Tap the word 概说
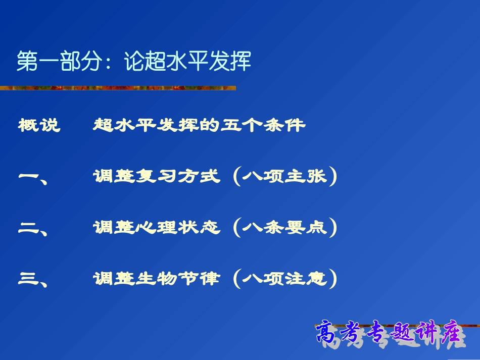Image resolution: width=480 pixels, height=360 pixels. click(39, 125)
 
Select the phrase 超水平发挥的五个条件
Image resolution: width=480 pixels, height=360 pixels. click(200, 125)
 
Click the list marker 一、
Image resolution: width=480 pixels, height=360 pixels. click(33, 177)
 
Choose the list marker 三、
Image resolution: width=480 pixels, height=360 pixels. click(33, 279)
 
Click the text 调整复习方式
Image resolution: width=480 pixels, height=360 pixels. click(157, 177)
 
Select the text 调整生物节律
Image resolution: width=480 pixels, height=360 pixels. click(157, 279)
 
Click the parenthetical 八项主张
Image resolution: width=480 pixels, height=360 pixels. click(285, 177)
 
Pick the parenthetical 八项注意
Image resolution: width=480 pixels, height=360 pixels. click(285, 279)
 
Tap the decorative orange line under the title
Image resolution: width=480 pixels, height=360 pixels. click(119, 88)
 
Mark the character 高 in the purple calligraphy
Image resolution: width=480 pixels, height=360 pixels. click(329, 333)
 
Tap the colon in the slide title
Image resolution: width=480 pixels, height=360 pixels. click(113, 62)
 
